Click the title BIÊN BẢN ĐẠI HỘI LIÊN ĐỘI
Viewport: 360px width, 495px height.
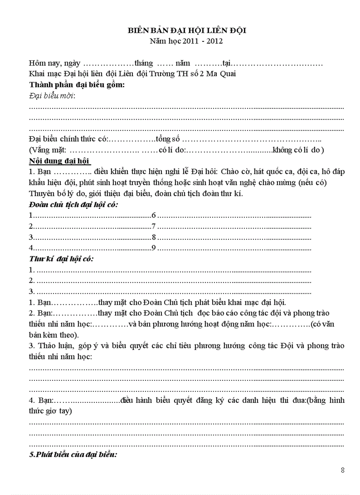coord(187,30)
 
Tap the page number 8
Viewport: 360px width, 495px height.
coord(343,470)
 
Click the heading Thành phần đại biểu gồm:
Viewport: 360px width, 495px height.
coord(77,85)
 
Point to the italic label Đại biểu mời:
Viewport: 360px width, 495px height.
coord(52,96)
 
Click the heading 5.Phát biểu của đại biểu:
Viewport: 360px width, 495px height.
coord(73,454)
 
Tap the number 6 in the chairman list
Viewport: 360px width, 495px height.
coord(154,216)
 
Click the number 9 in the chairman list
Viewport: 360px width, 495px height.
coord(154,248)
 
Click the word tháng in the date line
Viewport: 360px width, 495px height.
coord(144,63)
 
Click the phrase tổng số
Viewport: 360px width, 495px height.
coord(168,139)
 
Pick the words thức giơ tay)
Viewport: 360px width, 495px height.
coord(51,411)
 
